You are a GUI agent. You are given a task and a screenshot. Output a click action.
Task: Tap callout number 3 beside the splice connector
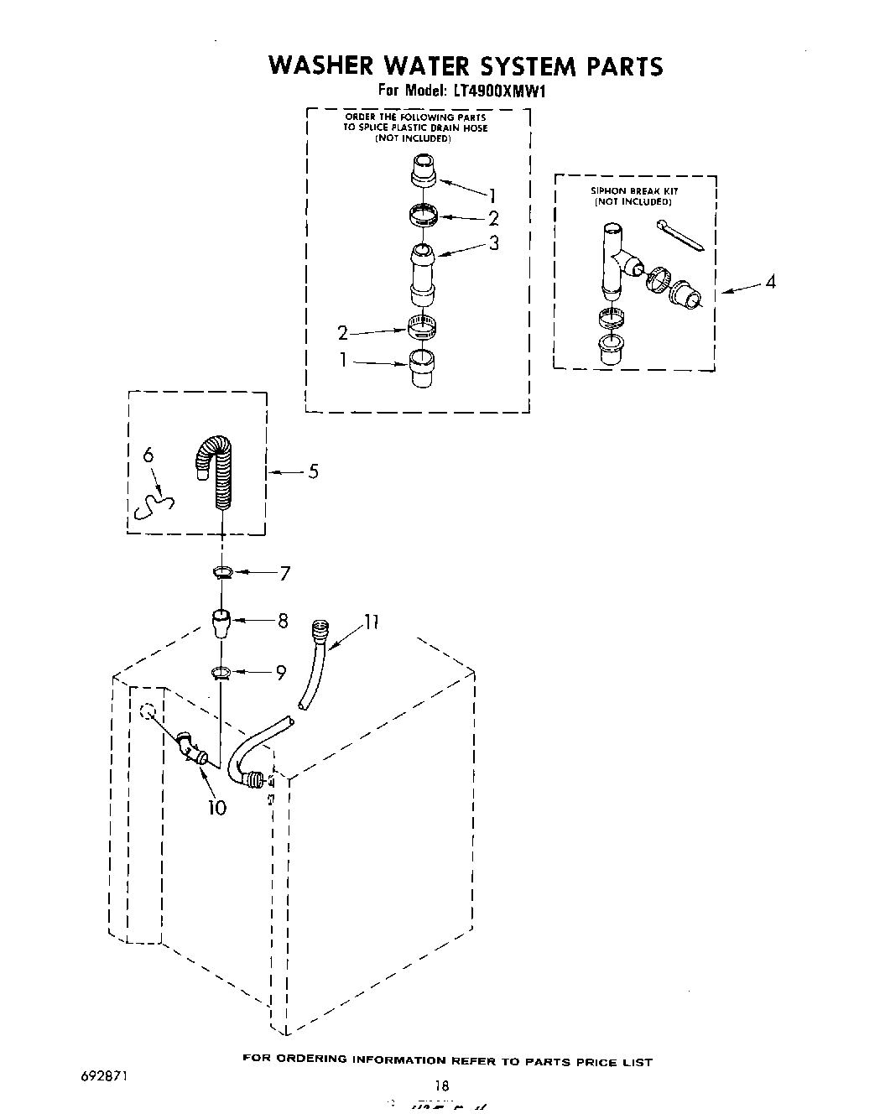coord(493,243)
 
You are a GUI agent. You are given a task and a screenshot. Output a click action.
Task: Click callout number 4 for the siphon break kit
coord(769,282)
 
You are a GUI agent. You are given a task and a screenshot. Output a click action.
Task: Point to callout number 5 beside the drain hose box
coord(313,472)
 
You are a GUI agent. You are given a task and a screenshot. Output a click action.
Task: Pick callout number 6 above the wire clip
coord(148,455)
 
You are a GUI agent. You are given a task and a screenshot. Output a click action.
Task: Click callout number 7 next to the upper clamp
coord(284,574)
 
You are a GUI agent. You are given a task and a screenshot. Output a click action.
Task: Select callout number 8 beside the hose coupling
coord(283,621)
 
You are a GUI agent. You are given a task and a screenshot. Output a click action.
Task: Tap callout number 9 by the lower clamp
coord(281,672)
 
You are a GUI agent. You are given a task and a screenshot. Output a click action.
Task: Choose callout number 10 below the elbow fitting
coord(216,808)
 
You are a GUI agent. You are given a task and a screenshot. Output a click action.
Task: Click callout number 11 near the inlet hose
coord(371,622)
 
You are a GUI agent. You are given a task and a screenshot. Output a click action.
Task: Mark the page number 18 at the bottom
coord(441,1085)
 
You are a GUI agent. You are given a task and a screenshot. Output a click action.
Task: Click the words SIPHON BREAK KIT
coord(635,191)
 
